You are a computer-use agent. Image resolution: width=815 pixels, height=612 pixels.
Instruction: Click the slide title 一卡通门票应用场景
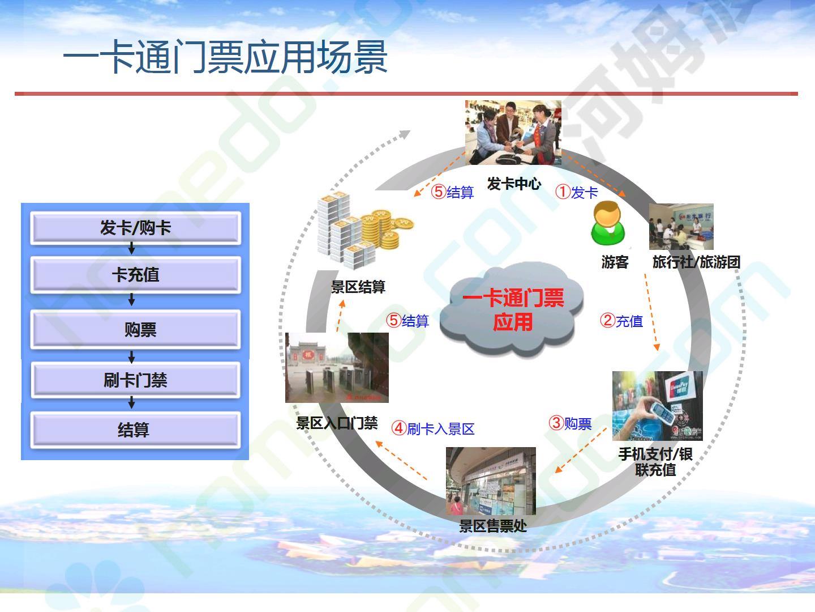225,57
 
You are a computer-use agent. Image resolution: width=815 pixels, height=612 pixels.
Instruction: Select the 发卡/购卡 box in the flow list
135,228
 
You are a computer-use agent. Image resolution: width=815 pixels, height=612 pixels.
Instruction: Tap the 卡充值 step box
135,275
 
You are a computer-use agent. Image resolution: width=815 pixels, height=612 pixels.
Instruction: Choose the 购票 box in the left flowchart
135,329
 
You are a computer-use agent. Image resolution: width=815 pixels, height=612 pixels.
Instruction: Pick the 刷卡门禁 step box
135,380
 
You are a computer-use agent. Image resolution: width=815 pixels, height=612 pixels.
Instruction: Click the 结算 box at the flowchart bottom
135,430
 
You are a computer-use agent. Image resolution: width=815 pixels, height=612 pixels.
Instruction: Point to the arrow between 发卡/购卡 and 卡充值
131,249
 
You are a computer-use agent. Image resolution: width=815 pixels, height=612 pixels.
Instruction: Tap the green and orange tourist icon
608,223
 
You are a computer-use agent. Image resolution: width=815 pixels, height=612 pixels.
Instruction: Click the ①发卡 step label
577,193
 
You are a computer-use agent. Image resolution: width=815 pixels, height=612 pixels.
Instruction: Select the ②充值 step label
621,321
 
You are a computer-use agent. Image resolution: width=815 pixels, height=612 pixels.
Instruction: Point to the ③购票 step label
570,423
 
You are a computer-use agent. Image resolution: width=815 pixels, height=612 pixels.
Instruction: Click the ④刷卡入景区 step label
433,428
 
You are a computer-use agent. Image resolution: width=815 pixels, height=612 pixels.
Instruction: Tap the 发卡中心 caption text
514,184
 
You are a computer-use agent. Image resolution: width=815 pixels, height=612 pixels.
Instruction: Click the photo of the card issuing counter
513,132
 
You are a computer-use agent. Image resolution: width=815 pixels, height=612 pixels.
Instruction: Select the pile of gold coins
386,229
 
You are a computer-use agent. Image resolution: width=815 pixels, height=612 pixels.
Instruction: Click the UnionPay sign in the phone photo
679,386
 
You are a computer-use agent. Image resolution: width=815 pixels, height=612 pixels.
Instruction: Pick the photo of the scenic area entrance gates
337,368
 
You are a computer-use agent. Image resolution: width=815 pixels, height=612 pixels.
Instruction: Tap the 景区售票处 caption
493,526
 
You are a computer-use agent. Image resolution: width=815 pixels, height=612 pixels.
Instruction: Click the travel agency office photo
681,227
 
